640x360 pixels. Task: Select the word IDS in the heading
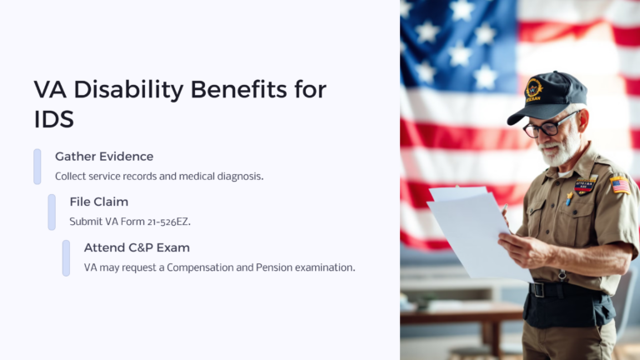(53, 118)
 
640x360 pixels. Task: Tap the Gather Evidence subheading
(104, 157)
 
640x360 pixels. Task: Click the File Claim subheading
(98, 202)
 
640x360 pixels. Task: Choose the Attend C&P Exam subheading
(137, 247)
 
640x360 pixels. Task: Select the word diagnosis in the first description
(237, 177)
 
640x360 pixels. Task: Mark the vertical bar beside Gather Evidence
(37, 167)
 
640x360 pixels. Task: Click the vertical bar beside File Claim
(52, 212)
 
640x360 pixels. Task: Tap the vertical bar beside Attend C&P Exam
(66, 257)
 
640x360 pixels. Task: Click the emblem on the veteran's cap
(533, 88)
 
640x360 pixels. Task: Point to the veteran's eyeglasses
(546, 127)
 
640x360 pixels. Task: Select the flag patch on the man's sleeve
(619, 184)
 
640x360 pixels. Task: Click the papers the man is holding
(467, 225)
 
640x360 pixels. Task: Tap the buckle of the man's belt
(537, 289)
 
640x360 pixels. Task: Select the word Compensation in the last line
(202, 267)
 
